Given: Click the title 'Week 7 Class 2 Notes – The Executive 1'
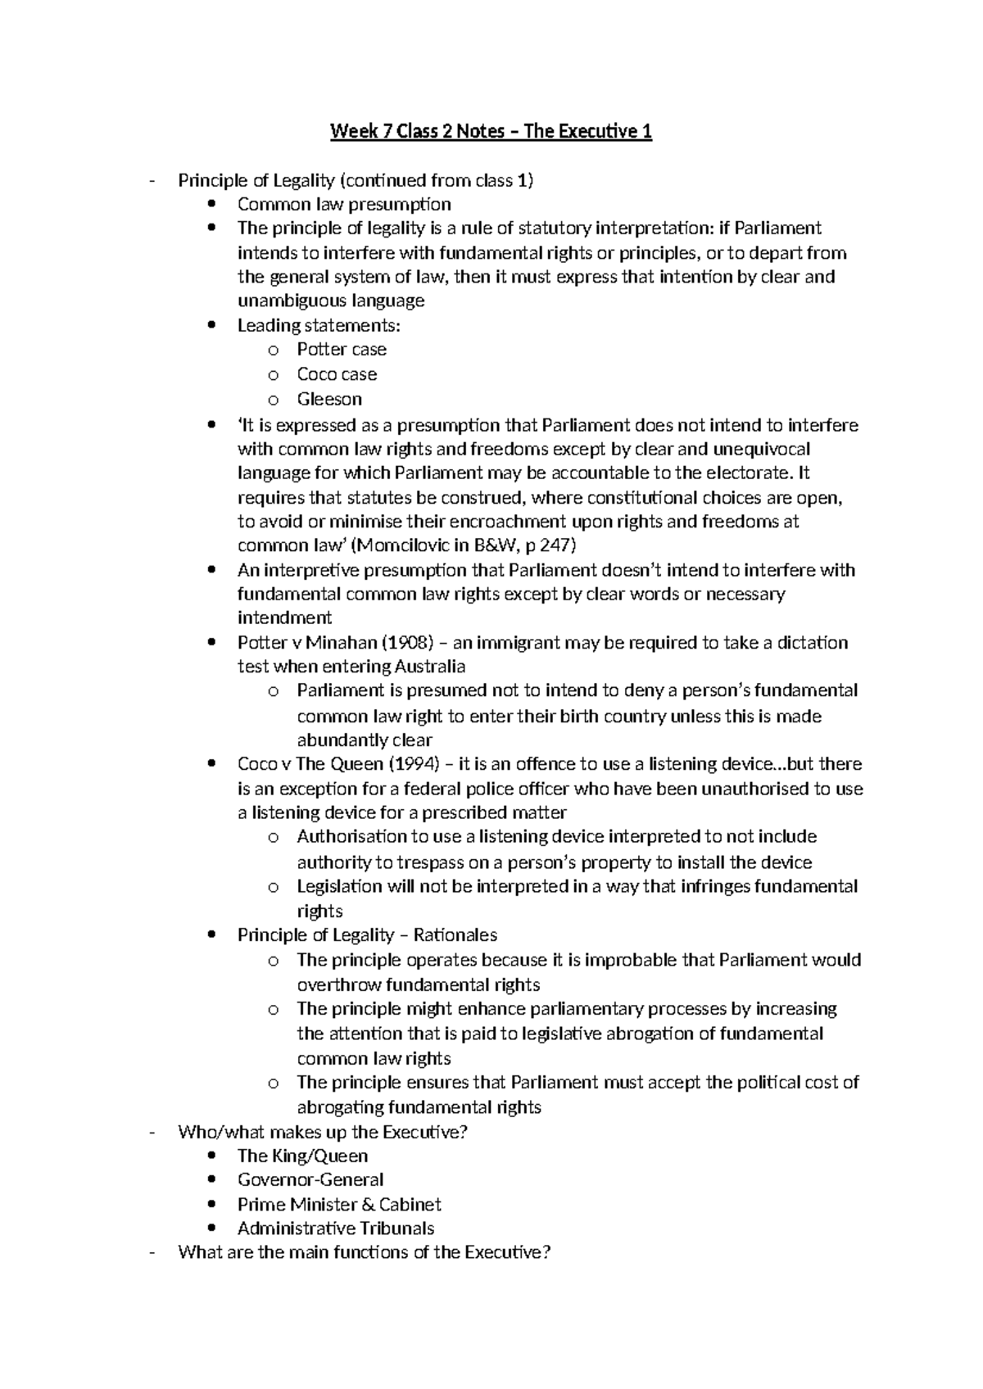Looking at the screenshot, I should pyautogui.click(x=491, y=131).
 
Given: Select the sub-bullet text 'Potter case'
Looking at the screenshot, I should pyautogui.click(x=341, y=350).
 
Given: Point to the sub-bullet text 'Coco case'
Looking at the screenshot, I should pyautogui.click(x=337, y=374).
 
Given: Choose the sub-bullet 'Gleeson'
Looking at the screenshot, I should pyautogui.click(x=329, y=399).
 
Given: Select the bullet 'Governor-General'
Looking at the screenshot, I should pyautogui.click(x=310, y=1179).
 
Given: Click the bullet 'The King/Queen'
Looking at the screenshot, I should pyautogui.click(x=302, y=1156).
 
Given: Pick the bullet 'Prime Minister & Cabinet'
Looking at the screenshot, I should pyautogui.click(x=339, y=1204).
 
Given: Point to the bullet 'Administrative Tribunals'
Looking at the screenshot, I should pyautogui.click(x=336, y=1228).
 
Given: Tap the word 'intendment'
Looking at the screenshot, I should pyautogui.click(x=284, y=618).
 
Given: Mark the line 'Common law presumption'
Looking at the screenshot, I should pyautogui.click(x=344, y=204).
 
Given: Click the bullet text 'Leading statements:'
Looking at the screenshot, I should pyautogui.click(x=319, y=325).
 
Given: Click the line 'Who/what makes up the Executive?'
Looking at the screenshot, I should pyautogui.click(x=323, y=1132).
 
